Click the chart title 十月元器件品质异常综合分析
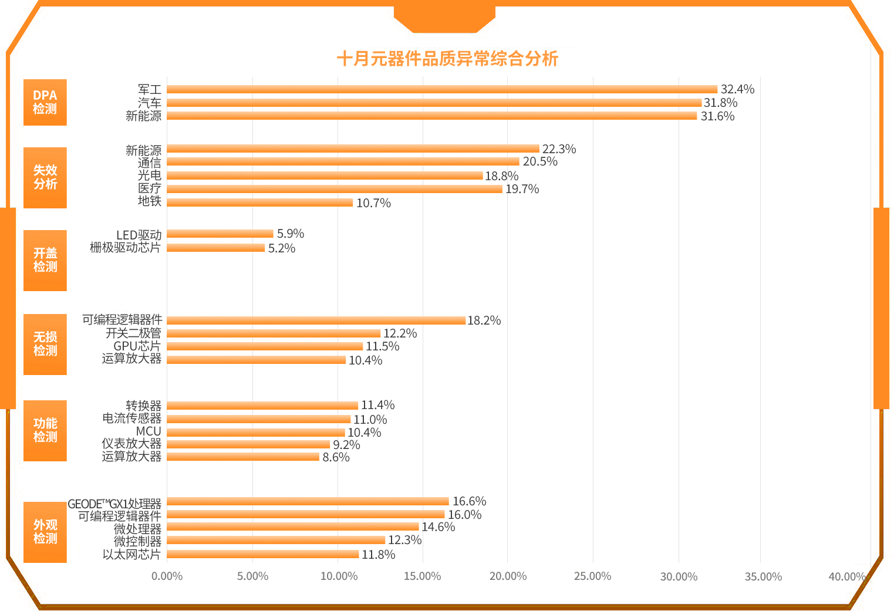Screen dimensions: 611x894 pos(447,59)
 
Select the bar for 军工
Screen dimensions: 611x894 pos(441,89)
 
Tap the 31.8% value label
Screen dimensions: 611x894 pos(720,103)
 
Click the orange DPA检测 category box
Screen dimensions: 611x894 pos(45,102)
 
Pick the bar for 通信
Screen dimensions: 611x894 pos(343,161)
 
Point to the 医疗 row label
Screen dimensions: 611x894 pos(150,188)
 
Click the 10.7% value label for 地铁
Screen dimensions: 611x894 pos(373,203)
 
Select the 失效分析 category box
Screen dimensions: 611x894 pos(45,177)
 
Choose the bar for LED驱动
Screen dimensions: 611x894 pos(220,234)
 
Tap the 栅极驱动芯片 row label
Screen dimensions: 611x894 pos(125,248)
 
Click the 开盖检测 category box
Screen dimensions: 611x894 pos(45,260)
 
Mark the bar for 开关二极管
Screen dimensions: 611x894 pos(274,333)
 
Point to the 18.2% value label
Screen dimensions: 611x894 pos(484,320)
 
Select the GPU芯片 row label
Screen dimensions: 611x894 pos(137,346)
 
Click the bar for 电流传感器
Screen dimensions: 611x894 pos(258,419)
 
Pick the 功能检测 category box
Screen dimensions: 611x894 pos(45,430)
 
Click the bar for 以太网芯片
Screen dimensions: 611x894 pos(262,554)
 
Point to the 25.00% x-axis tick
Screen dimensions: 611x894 pos(592,576)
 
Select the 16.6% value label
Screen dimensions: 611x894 pos(469,501)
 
